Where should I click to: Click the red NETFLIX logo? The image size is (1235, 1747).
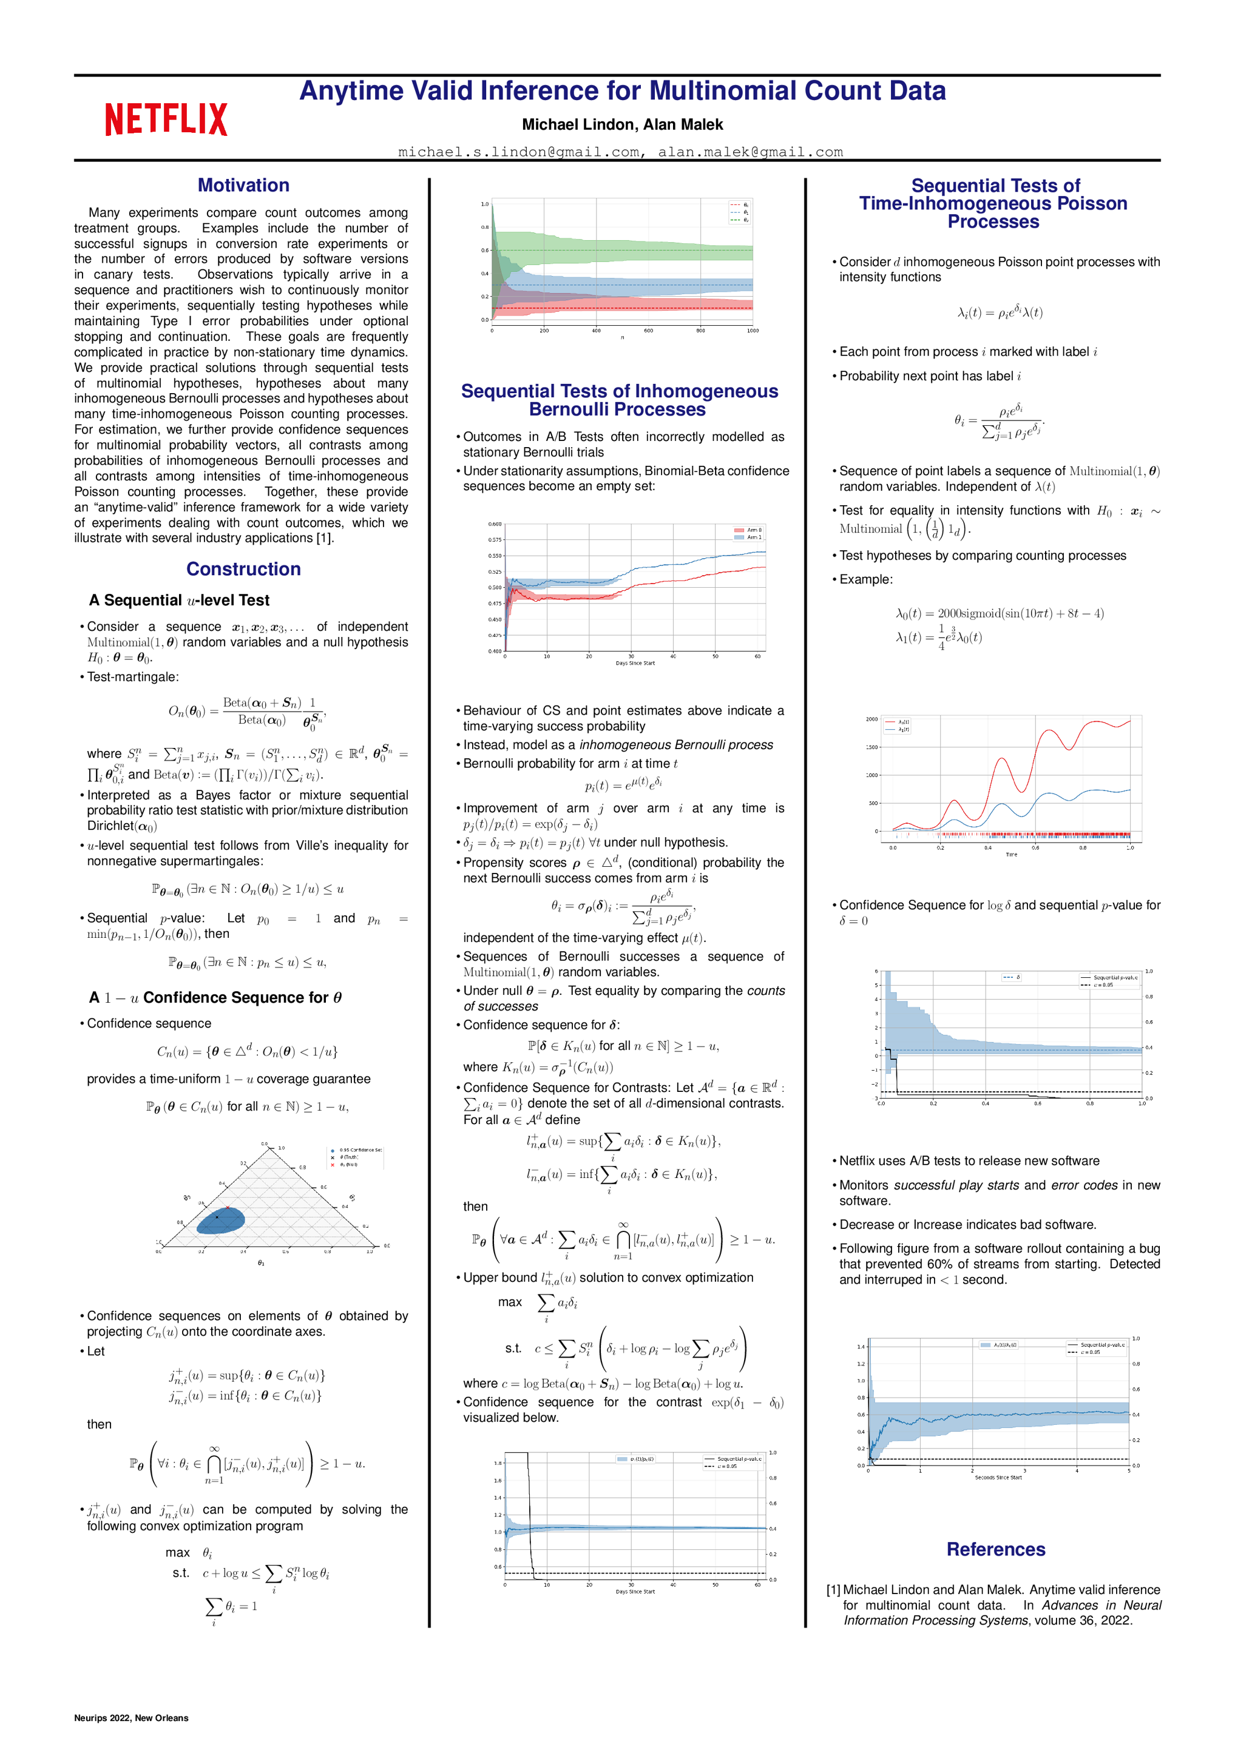tap(166, 119)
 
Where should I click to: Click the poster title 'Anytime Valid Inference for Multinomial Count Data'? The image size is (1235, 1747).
tap(622, 92)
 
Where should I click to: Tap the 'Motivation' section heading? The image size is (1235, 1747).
tap(243, 186)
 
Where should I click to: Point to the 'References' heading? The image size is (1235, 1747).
tap(995, 1549)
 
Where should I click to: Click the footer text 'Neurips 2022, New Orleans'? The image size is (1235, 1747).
tap(131, 1717)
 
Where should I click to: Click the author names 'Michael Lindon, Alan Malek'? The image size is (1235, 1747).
tap(622, 125)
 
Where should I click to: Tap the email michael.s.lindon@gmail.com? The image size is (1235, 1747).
tap(518, 152)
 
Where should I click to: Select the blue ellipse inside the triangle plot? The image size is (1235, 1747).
tap(221, 1220)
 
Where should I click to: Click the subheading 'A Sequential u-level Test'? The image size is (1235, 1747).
tap(179, 601)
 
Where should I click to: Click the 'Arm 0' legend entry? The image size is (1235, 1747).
tap(748, 530)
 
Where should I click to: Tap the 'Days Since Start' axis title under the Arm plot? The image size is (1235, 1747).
tap(635, 664)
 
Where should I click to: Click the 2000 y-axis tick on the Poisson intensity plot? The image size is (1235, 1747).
tap(872, 719)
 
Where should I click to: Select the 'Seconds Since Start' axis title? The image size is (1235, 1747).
tap(998, 1478)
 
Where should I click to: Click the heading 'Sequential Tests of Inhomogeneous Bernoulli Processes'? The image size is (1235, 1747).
tap(619, 400)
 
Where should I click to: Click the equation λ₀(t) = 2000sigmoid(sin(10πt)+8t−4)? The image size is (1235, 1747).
tap(999, 613)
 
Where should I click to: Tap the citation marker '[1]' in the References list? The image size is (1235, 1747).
tap(833, 1590)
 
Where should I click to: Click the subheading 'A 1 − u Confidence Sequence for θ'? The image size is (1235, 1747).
tap(215, 997)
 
